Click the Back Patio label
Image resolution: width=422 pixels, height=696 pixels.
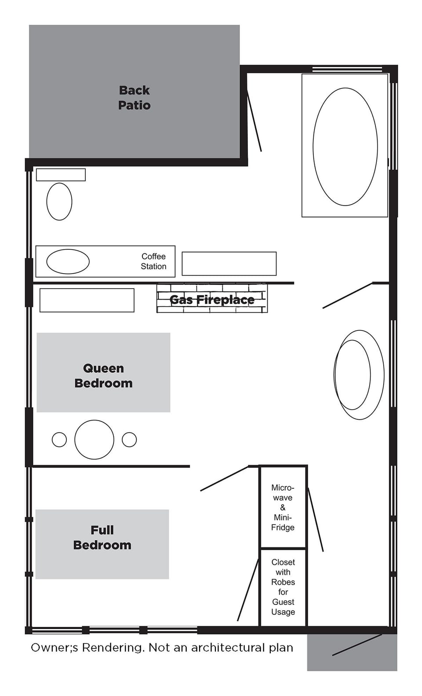(x=134, y=97)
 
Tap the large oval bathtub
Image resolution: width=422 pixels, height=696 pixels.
(x=345, y=147)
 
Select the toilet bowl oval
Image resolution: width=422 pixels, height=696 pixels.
(x=59, y=201)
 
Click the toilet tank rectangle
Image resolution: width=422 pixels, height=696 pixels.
(x=61, y=175)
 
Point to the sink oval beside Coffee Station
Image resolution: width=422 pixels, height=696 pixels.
(x=68, y=261)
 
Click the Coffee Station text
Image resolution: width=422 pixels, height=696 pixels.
(x=153, y=261)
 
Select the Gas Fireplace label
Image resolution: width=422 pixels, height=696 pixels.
(x=212, y=300)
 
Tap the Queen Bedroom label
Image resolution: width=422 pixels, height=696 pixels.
(x=103, y=375)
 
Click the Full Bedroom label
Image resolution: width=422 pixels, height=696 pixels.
(x=102, y=537)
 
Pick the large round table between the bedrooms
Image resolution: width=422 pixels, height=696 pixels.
(x=94, y=440)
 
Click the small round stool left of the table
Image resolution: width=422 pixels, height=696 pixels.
(x=59, y=440)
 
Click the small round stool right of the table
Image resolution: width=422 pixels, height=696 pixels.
(x=129, y=440)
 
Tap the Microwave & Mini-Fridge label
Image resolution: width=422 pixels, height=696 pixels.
(x=283, y=507)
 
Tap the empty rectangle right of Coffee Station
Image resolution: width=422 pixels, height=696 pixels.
(x=229, y=264)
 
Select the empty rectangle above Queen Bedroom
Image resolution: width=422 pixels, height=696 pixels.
(x=87, y=300)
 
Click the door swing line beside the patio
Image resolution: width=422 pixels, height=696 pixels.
(x=254, y=120)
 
